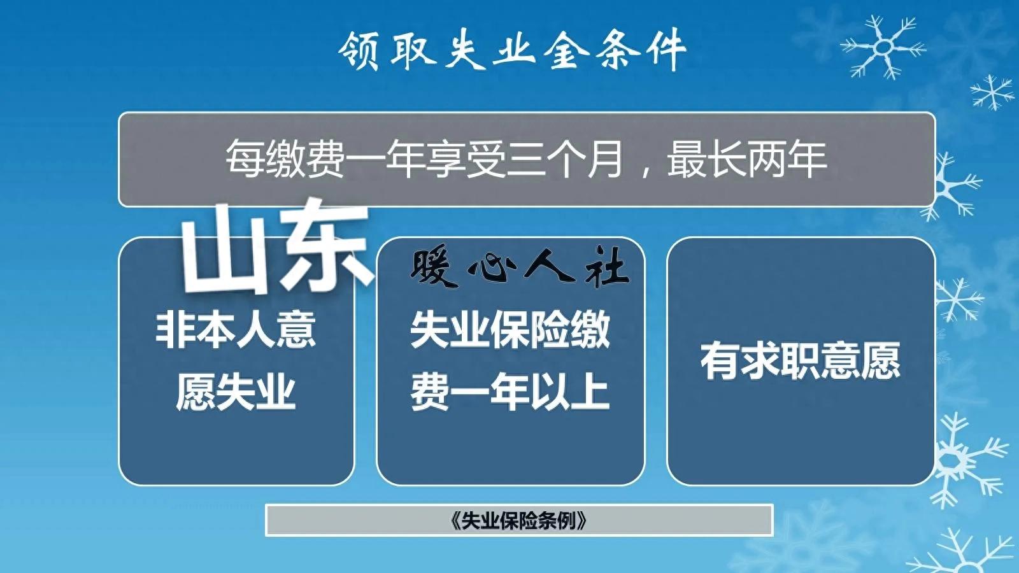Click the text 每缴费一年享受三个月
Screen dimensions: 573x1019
click(424, 159)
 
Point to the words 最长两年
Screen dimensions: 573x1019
click(746, 159)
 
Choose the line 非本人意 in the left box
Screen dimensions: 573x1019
click(236, 329)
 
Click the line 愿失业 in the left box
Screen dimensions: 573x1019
click(236, 392)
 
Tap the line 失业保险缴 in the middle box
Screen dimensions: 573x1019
click(509, 329)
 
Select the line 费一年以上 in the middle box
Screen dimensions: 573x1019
click(509, 392)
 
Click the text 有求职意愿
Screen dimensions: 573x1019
click(801, 361)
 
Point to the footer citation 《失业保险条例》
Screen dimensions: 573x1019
click(518, 520)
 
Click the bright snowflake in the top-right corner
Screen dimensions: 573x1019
click(883, 47)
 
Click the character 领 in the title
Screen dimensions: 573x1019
click(360, 51)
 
